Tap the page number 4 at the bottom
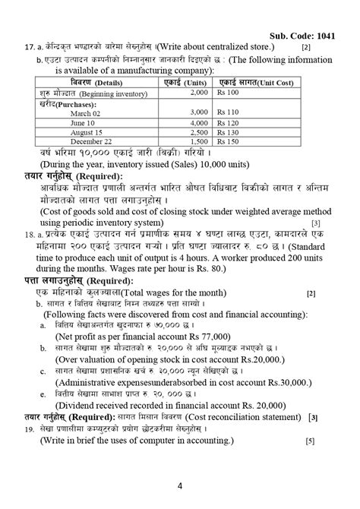180,485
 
